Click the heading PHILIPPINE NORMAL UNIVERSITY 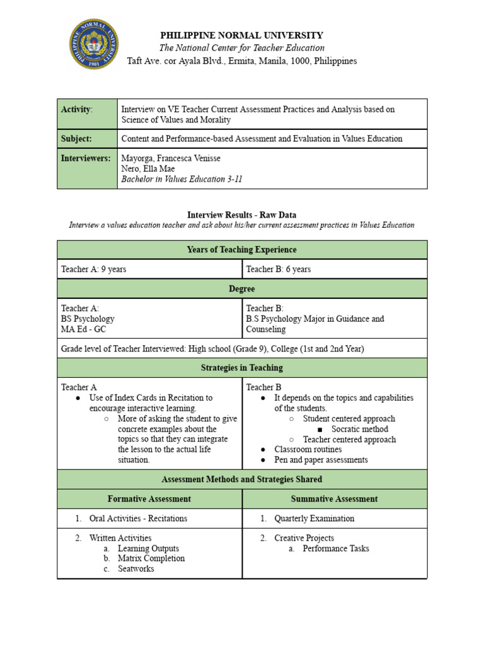(x=241, y=35)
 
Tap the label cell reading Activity (x=87, y=114)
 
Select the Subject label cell (x=87, y=139)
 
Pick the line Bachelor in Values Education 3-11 (x=181, y=179)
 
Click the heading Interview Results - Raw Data (x=241, y=214)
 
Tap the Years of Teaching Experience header (x=242, y=250)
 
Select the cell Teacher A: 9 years (x=93, y=269)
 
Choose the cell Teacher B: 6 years (x=279, y=269)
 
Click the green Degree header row (x=242, y=288)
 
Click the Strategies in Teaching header (x=242, y=368)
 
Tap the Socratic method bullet (x=360, y=429)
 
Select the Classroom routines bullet (x=308, y=449)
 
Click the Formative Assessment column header (x=149, y=499)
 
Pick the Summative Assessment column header (x=335, y=499)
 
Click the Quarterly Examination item (x=314, y=519)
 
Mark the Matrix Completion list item (x=151, y=558)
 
